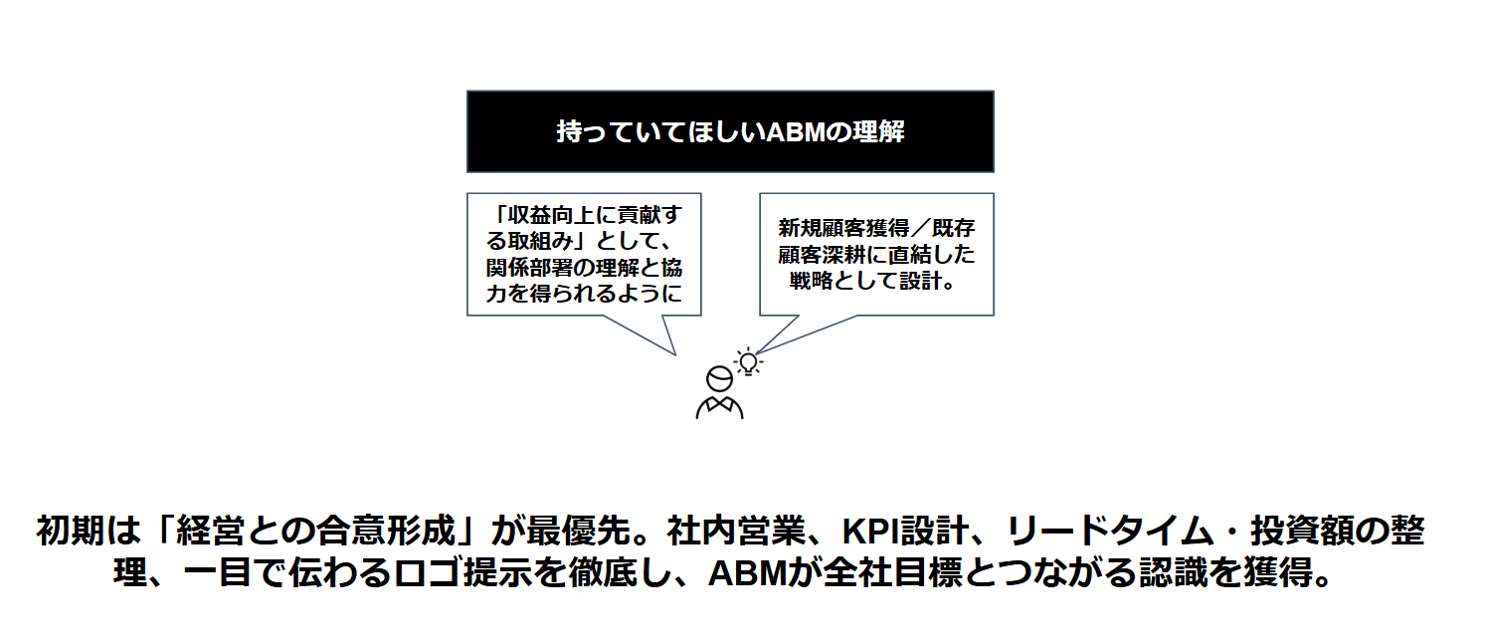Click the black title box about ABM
pos(730,131)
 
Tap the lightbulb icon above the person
pos(748,362)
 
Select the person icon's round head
pos(720,379)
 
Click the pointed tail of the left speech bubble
pos(674,353)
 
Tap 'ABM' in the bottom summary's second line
pos(747,574)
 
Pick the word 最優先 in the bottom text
pos(579,532)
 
